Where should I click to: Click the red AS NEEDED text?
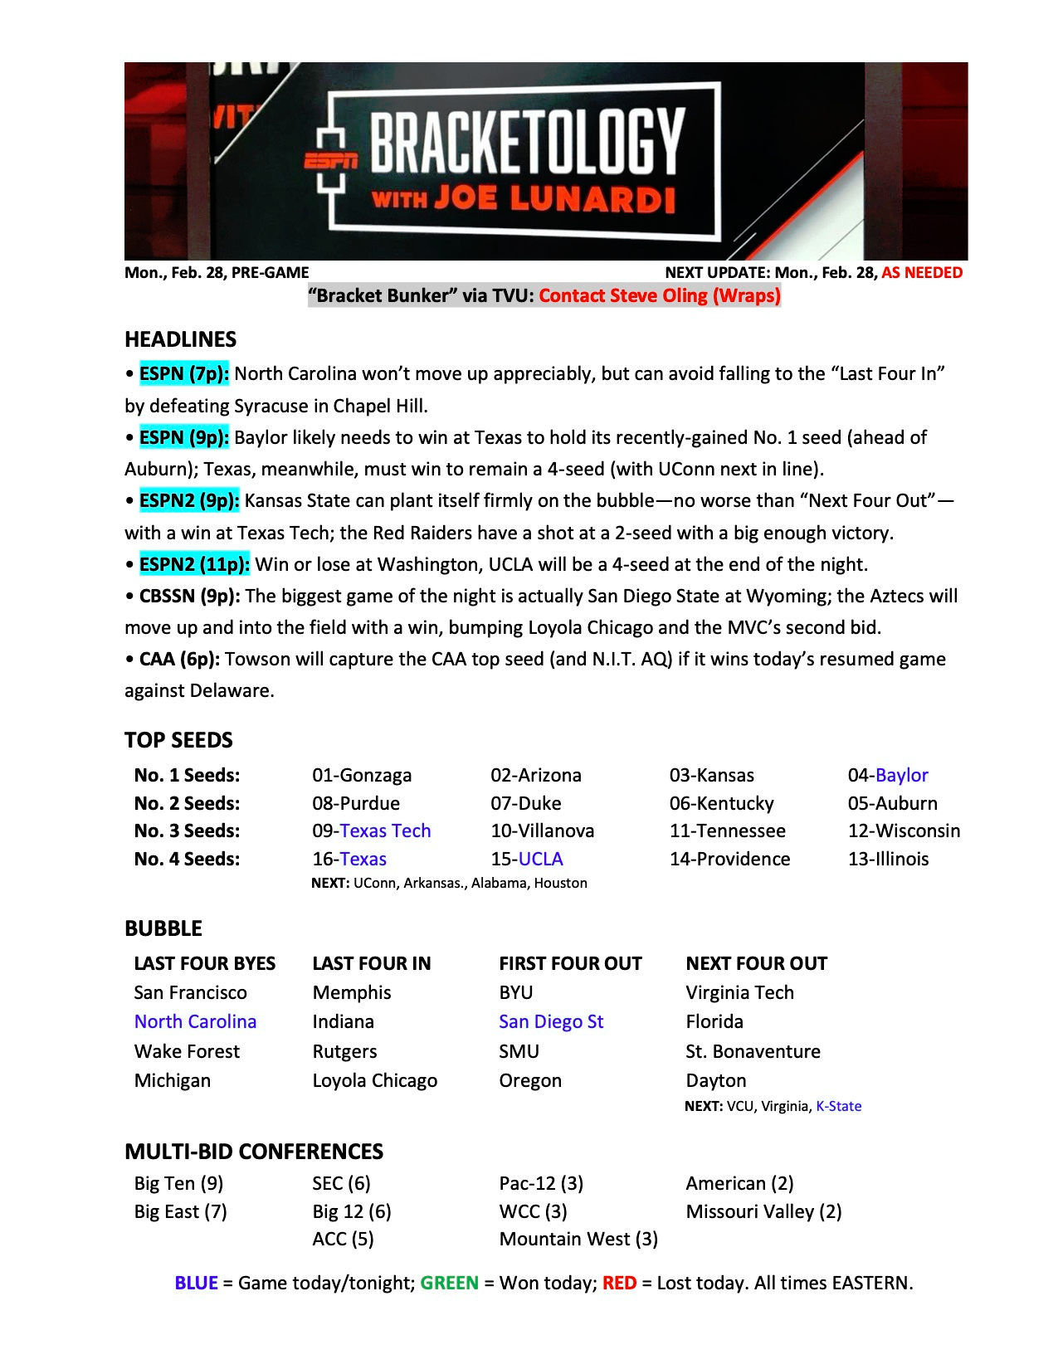(922, 273)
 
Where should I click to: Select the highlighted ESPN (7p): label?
(183, 373)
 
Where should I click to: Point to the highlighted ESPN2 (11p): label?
(194, 564)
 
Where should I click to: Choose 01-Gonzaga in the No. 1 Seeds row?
(362, 775)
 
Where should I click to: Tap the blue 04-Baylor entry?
(888, 775)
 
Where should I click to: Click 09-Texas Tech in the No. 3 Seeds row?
(371, 831)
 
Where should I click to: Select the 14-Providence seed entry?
(729, 859)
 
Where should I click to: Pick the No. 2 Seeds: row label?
(187, 803)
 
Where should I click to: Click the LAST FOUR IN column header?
(372, 963)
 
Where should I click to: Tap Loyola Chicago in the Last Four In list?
(374, 1080)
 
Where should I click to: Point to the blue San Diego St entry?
(551, 1021)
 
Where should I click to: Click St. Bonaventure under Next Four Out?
(753, 1051)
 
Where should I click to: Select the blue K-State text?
(839, 1106)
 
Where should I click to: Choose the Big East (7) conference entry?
(180, 1211)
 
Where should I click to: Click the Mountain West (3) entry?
(578, 1239)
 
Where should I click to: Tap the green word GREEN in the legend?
(449, 1283)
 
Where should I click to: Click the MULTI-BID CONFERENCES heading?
(254, 1152)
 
